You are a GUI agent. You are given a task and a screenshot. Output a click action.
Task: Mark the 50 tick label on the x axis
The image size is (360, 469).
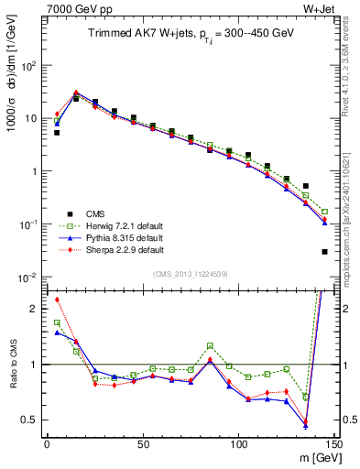point(142,443)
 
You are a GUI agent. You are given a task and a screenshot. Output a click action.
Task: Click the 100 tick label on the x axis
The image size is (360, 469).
point(238,443)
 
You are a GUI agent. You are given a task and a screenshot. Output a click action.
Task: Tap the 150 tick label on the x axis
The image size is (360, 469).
point(333,443)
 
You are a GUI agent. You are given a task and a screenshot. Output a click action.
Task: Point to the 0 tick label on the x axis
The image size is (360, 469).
point(47,443)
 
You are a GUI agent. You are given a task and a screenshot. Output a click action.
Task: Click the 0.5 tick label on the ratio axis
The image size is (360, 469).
point(31,420)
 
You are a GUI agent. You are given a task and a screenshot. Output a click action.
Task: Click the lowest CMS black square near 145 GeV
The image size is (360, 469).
point(325,251)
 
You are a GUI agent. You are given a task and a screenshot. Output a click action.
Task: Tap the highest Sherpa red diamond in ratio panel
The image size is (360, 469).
point(57,300)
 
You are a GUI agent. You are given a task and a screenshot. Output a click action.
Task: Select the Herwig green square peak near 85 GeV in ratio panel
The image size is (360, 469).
point(210,345)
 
